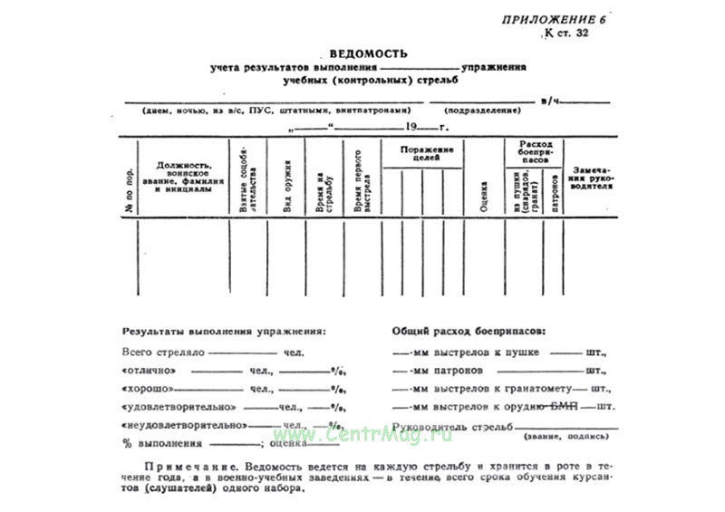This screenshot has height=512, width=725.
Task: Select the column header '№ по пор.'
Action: tap(128, 191)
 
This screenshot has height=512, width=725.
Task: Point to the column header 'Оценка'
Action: tap(481, 191)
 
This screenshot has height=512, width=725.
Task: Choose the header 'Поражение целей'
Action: tap(420, 152)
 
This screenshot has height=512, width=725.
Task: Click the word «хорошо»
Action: tap(147, 389)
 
